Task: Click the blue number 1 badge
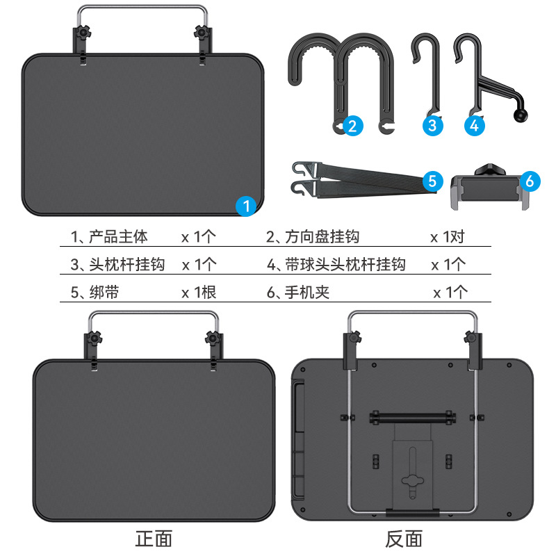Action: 246,206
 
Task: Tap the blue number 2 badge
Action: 353,126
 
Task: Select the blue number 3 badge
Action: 432,126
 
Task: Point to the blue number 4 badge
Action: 475,126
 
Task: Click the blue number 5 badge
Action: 432,181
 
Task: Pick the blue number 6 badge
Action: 530,181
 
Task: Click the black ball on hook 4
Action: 521,115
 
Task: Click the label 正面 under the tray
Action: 154,539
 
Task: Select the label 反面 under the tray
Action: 404,539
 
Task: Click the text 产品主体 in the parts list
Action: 118,236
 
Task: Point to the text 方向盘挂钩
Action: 322,236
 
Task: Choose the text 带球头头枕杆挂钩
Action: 345,265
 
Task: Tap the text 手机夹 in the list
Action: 307,293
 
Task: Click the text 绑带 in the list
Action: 104,293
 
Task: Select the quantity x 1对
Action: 448,237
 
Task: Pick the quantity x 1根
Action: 199,293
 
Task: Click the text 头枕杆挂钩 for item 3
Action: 127,265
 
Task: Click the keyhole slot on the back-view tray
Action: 413,473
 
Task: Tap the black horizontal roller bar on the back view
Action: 413,418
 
